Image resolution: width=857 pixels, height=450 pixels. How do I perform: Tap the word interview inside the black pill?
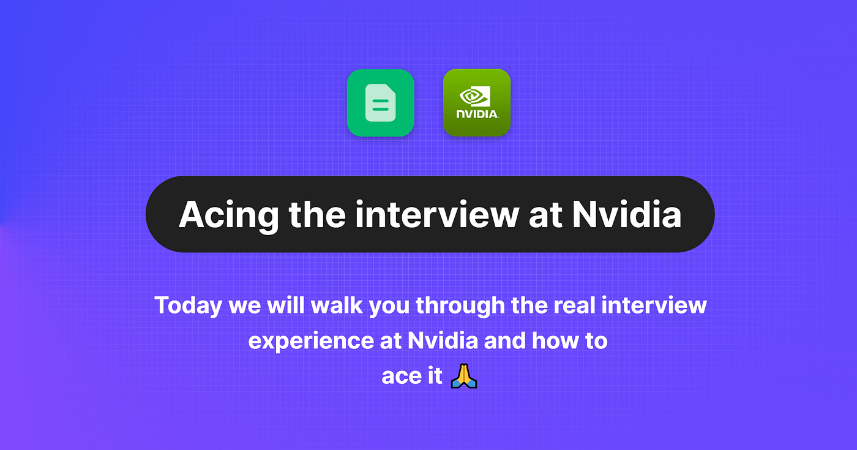437,214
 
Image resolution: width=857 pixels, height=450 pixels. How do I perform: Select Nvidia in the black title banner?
627,214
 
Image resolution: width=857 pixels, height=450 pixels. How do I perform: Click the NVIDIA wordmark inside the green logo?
477,114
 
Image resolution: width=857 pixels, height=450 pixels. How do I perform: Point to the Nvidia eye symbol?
475,96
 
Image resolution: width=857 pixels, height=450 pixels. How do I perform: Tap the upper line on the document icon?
380,102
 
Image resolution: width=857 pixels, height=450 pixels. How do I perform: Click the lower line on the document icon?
380,110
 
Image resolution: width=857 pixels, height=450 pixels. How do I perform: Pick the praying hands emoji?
464,376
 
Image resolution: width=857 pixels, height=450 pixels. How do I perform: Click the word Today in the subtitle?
189,306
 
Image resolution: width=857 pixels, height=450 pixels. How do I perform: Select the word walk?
336,306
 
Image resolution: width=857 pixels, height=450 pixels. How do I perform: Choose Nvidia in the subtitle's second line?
443,340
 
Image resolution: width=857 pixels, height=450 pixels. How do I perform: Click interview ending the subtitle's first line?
654,306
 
